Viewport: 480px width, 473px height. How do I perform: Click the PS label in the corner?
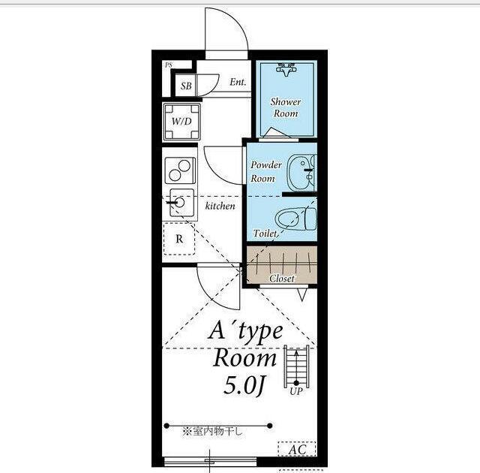coord(169,65)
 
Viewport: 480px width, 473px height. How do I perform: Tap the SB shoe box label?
coord(186,86)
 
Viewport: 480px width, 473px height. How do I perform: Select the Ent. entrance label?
coord(238,82)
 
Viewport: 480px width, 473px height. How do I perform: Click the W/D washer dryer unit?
coord(181,122)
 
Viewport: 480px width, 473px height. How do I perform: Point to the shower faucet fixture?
coord(286,70)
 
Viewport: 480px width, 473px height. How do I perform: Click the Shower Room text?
coord(286,107)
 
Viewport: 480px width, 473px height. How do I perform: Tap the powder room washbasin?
coord(301,173)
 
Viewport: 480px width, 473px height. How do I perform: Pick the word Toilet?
coord(265,233)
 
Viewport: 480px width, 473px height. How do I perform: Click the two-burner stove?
coord(180,170)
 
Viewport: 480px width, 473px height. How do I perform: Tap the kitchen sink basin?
coord(181,203)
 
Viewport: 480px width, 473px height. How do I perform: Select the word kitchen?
coord(220,206)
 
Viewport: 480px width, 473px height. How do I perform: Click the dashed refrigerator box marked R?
coord(179,239)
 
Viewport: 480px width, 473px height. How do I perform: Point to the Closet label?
coord(282,279)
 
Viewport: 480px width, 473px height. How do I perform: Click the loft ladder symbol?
coord(296,366)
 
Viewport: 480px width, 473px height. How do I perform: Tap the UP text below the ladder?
coord(296,391)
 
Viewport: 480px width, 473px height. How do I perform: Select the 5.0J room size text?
coord(244,386)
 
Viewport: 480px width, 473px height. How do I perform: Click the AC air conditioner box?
coord(297,450)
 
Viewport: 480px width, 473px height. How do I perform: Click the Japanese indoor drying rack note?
coord(212,432)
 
